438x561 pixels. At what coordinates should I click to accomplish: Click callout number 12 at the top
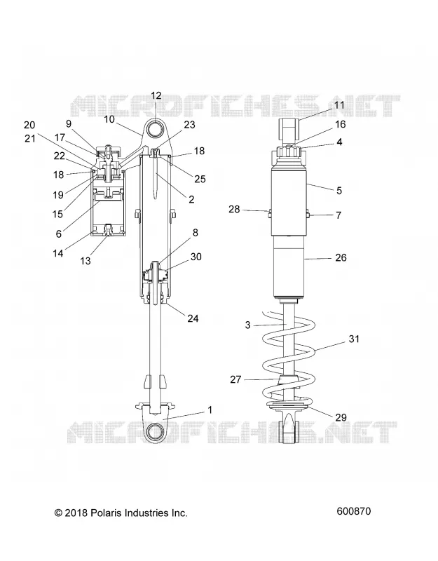[x=156, y=96]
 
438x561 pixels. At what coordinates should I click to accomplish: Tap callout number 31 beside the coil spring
[x=354, y=339]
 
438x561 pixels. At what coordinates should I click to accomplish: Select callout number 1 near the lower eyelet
[x=210, y=410]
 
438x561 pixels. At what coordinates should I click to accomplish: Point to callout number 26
[x=341, y=257]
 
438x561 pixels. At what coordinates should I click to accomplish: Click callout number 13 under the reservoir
[x=85, y=261]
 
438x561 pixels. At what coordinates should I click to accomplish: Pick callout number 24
[x=193, y=318]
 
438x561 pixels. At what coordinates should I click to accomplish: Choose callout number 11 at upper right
[x=338, y=104]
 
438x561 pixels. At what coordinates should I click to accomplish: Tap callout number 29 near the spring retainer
[x=341, y=417]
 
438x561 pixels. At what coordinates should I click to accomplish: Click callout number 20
[x=29, y=125]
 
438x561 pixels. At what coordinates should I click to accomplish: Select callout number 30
[x=196, y=257]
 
